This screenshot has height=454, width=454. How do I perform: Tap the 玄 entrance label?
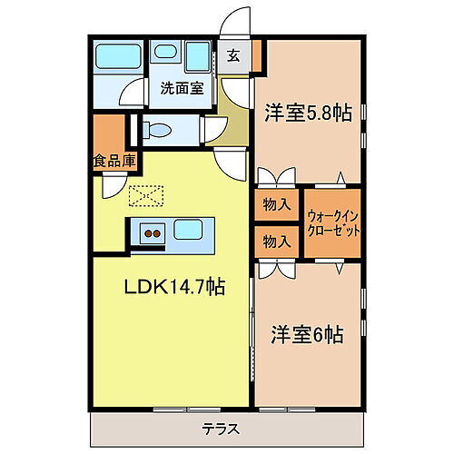tap(233, 54)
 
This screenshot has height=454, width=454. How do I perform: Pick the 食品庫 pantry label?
tap(113, 161)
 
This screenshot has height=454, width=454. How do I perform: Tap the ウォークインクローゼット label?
tap(333, 223)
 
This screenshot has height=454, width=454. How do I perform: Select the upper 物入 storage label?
tap(276, 206)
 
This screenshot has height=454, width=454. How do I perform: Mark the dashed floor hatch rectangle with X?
tap(145, 195)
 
